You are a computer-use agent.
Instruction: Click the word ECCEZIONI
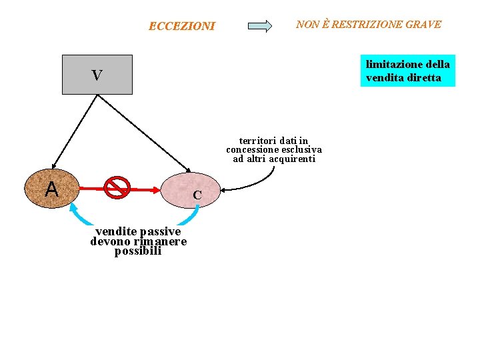pos(181,27)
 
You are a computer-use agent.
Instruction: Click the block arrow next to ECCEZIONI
pos(259,27)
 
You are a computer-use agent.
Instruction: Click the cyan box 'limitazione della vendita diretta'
pos(407,71)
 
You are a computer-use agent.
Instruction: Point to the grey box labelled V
pos(97,75)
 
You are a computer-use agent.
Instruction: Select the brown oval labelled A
pos(52,188)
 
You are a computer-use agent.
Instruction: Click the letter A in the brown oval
pos(51,190)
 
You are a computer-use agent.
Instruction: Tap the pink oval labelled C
pos(191,190)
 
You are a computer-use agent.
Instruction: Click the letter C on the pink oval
pos(197,196)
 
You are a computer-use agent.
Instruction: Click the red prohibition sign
pos(117,188)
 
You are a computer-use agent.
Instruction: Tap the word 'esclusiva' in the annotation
pos(302,150)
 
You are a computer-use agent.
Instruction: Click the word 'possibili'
pos(138,251)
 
